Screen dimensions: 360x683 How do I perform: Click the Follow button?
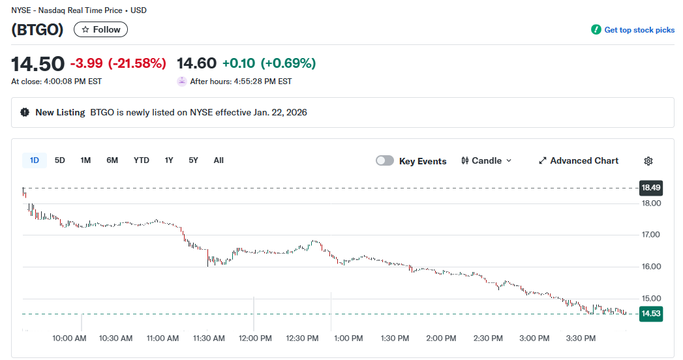pos(100,29)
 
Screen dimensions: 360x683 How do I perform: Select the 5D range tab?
pos(59,160)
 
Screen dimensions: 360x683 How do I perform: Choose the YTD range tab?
pos(141,160)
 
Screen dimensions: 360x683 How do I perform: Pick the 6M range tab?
pos(112,160)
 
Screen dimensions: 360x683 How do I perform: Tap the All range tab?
pos(219,160)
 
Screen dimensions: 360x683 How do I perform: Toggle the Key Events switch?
pos(385,161)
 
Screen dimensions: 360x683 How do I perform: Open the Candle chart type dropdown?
pos(487,161)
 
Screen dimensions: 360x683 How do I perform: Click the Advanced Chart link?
pos(579,161)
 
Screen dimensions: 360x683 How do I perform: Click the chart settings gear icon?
pos(648,161)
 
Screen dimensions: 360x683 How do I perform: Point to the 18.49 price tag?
pos(651,188)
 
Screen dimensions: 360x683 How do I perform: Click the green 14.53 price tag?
pos(651,314)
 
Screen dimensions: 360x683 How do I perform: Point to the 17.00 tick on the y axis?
pos(651,235)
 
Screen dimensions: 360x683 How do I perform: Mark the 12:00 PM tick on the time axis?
pos(255,338)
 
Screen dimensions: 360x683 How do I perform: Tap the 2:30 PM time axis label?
pos(488,338)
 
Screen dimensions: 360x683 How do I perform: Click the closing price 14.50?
pos(38,64)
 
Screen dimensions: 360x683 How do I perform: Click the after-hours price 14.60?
pos(196,63)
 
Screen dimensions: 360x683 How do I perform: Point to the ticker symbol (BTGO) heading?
pos(37,29)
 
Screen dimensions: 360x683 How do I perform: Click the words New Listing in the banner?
pos(60,112)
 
